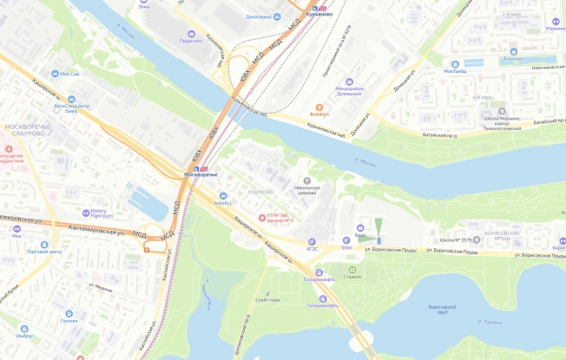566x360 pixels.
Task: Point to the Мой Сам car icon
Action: (x=52, y=74)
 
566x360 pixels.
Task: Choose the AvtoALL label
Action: (x=221, y=202)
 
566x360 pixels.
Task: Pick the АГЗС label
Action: (x=313, y=247)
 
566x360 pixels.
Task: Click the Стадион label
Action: (x=352, y=278)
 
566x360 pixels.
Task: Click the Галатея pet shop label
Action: (x=69, y=320)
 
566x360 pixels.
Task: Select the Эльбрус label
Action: (x=24, y=335)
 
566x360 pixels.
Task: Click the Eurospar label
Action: (x=513, y=60)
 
